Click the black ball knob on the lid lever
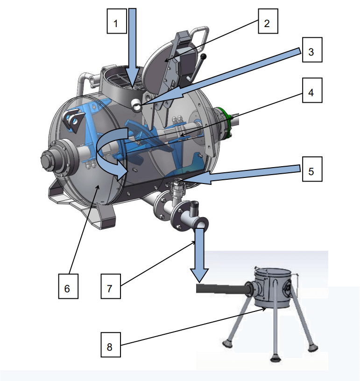pyautogui.click(x=204, y=57)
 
